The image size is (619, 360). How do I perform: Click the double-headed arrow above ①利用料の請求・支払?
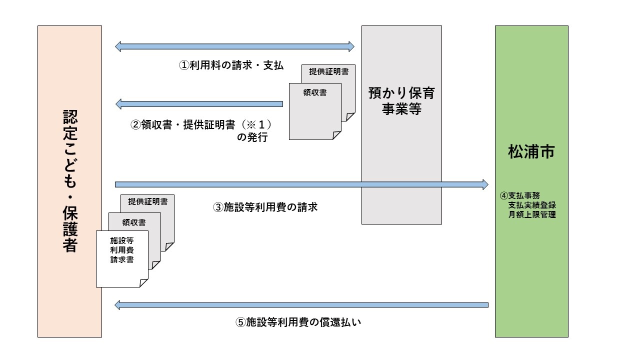click(234, 46)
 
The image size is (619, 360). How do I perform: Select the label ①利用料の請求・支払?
click(231, 65)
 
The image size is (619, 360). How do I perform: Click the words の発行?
click(252, 137)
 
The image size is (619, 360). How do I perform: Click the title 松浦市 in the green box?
click(531, 152)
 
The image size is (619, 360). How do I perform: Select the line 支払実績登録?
click(532, 205)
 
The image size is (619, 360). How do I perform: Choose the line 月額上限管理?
click(532, 215)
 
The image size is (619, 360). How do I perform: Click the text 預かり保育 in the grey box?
click(401, 93)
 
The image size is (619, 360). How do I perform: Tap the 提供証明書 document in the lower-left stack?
click(147, 202)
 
